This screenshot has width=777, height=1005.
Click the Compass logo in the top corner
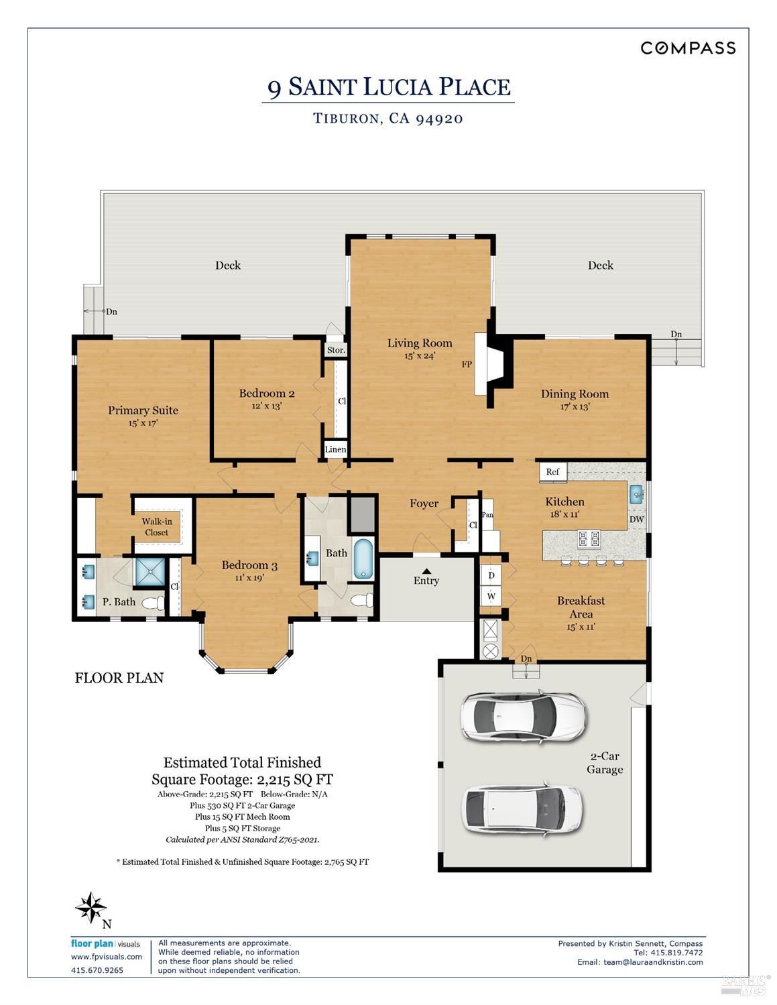[688, 48]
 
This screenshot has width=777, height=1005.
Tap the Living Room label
[420, 343]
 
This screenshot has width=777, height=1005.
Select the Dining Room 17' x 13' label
[575, 400]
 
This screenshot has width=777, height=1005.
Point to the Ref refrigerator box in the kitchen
[553, 472]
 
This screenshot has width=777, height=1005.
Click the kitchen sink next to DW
[636, 495]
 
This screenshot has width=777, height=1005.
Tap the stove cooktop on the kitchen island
[588, 538]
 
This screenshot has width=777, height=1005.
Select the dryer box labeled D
[491, 575]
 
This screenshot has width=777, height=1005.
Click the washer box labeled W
[491, 596]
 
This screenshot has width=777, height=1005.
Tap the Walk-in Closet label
[156, 527]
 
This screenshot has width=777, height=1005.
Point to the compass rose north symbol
[91, 908]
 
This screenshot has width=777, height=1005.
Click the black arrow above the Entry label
[426, 571]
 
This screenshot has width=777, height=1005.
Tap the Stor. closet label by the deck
[336, 350]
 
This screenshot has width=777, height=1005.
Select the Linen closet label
[335, 449]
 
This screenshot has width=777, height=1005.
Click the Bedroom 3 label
[249, 566]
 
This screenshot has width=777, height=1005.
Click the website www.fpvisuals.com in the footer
[107, 957]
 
